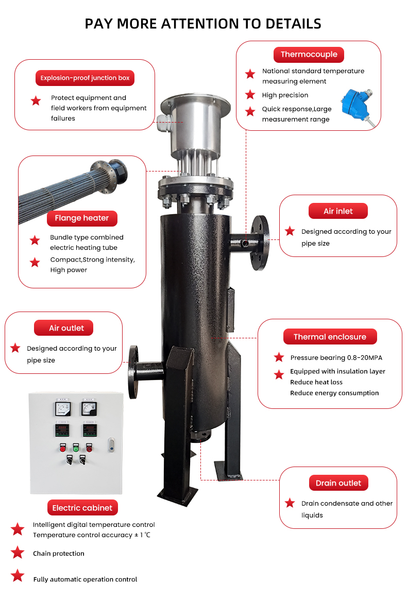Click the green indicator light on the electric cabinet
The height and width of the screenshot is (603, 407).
[75, 449]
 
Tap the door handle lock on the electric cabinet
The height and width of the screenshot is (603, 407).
[111, 444]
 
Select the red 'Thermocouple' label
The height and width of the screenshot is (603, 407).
[309, 55]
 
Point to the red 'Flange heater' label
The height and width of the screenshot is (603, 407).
[82, 218]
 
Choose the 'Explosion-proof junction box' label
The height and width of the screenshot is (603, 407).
[85, 78]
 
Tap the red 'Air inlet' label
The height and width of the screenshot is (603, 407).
[338, 211]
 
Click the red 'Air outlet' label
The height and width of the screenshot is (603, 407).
[66, 328]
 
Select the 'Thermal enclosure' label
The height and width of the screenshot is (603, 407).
[330, 337]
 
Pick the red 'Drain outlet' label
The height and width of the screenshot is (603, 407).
[338, 483]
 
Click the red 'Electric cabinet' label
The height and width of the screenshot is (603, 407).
[82, 508]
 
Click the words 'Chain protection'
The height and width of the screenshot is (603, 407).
[59, 554]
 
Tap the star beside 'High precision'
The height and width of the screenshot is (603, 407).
[250, 95]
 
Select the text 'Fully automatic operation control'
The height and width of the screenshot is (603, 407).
[85, 579]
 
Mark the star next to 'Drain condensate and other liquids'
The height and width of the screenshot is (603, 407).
[290, 503]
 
